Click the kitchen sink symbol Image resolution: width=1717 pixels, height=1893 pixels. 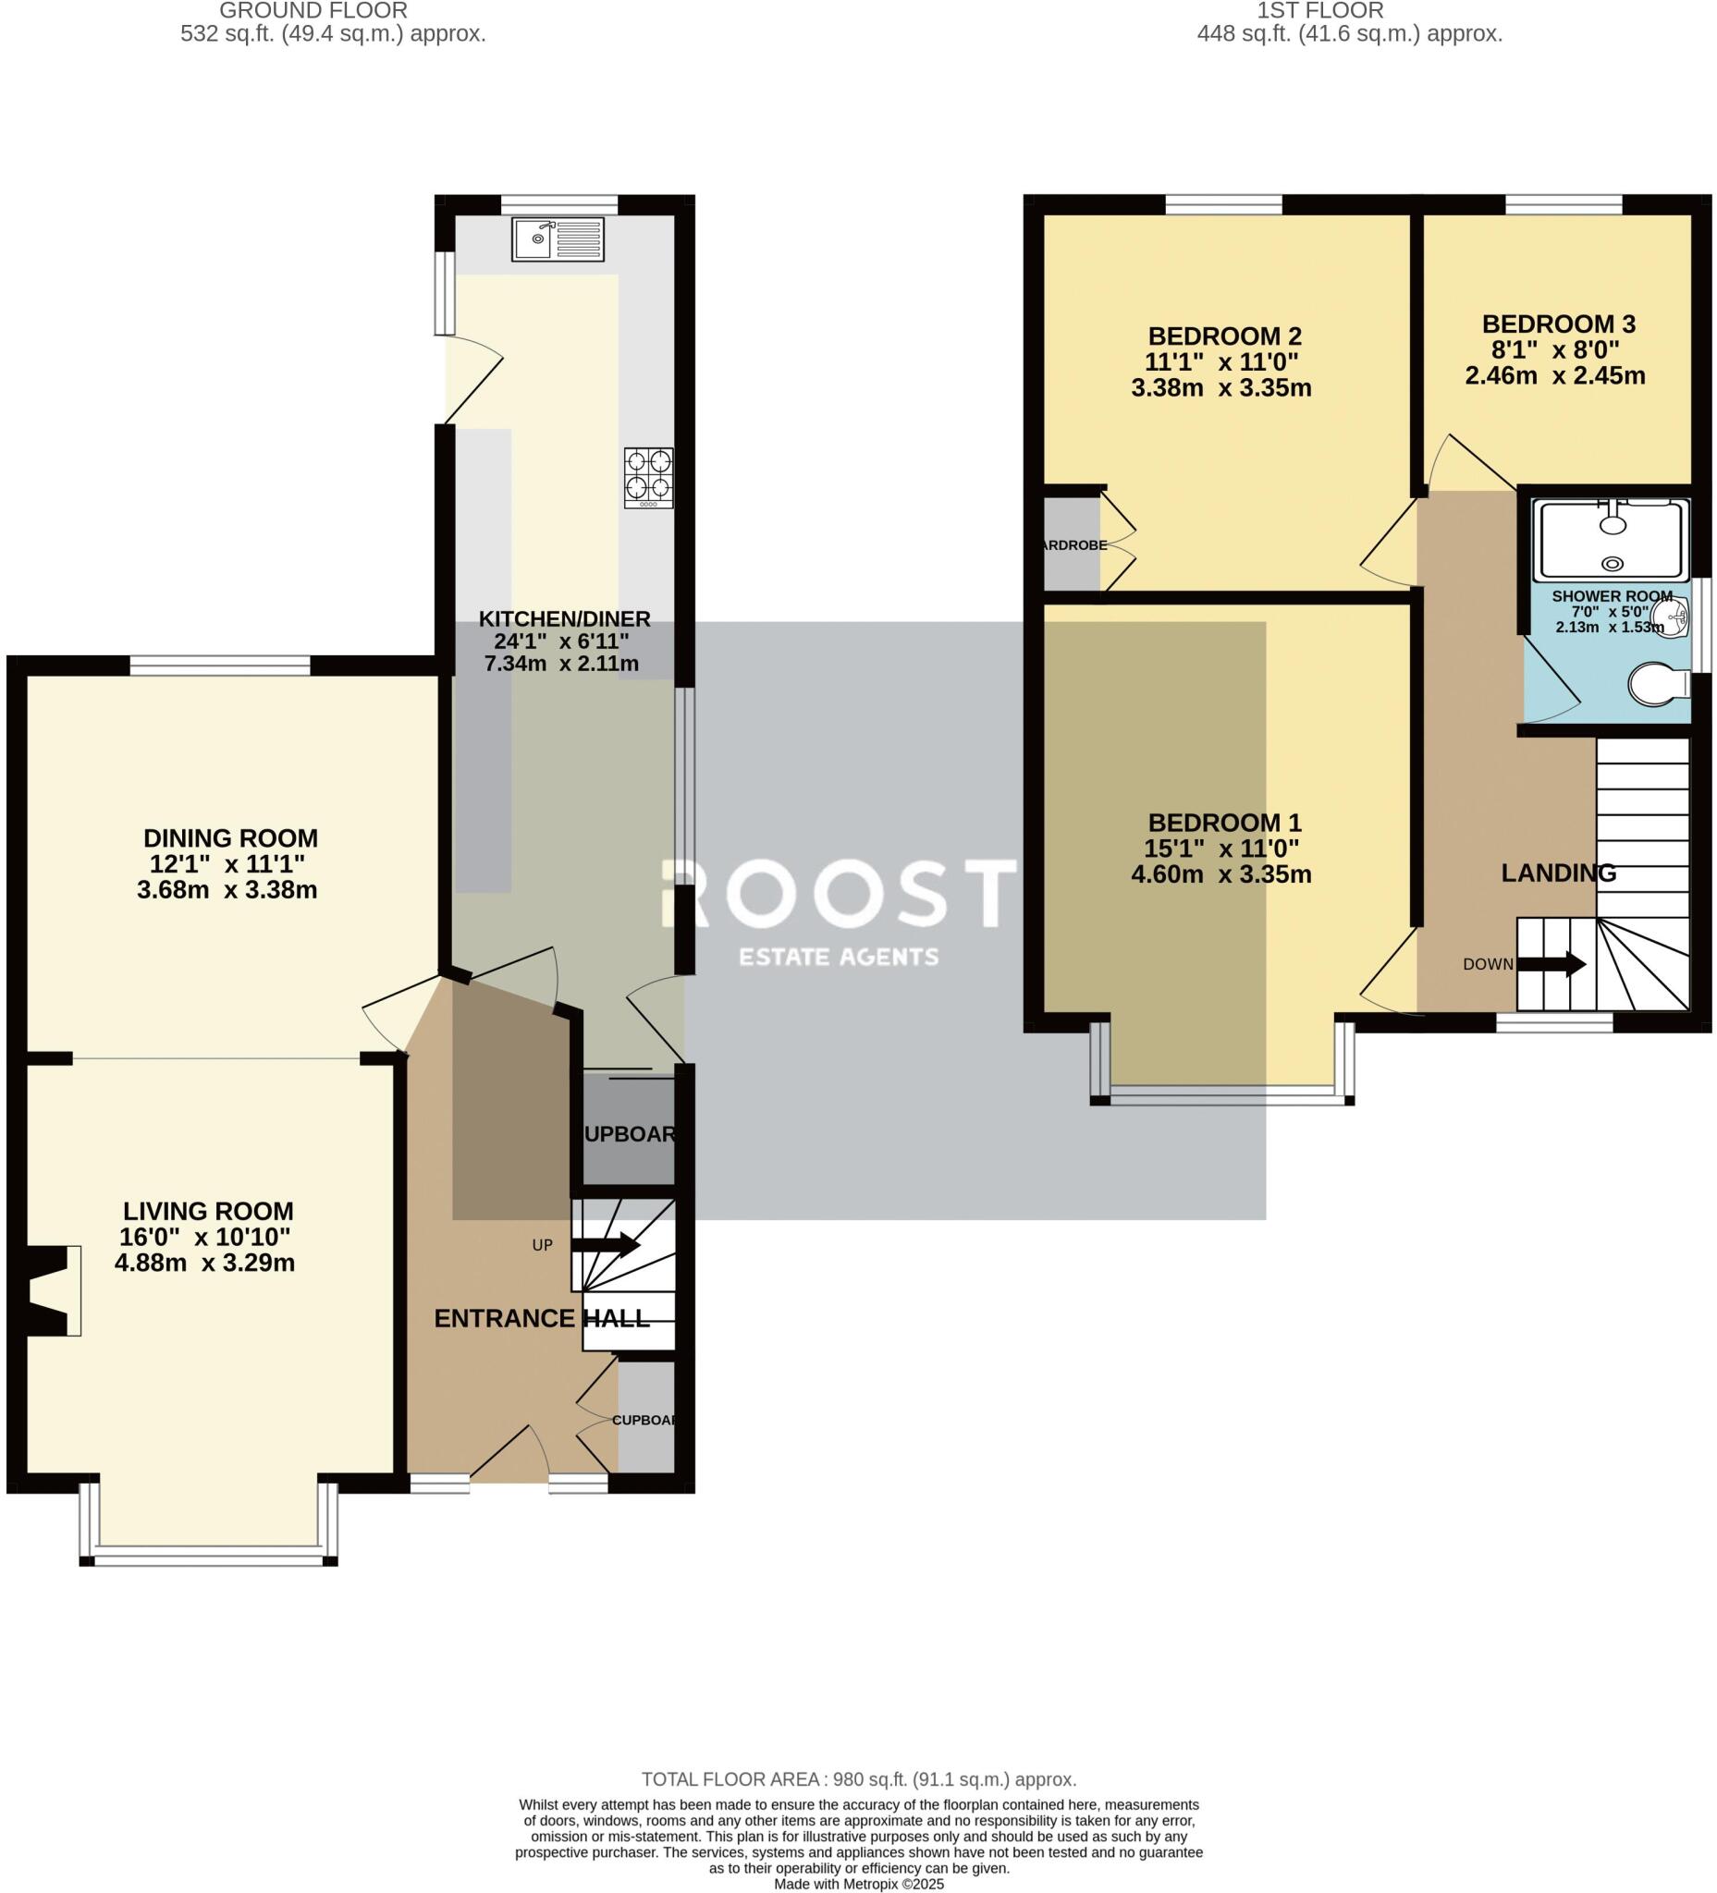coord(557,239)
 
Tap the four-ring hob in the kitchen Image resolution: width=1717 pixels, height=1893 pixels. coord(648,478)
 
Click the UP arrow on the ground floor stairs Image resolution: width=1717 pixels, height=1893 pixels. coord(605,1245)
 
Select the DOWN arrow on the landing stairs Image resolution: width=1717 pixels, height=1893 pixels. coord(1551,964)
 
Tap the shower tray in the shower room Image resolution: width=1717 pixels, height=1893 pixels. coord(1610,540)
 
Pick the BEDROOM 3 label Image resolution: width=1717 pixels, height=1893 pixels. coord(1558,324)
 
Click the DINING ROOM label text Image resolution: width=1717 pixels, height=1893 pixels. coord(230,838)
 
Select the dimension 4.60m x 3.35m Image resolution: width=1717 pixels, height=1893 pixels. coord(1221,875)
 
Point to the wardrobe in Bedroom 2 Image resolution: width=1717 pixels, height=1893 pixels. coord(1072,544)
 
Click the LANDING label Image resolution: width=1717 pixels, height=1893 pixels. coord(1558,873)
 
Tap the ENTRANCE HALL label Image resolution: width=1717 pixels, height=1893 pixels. coord(541,1318)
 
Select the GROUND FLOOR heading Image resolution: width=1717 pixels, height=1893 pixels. coord(313,11)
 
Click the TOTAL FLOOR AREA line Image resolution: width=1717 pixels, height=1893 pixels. coord(858,1779)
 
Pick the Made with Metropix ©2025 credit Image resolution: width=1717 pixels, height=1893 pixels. coord(858,1884)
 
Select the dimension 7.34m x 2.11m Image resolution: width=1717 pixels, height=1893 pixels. coord(560,664)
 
